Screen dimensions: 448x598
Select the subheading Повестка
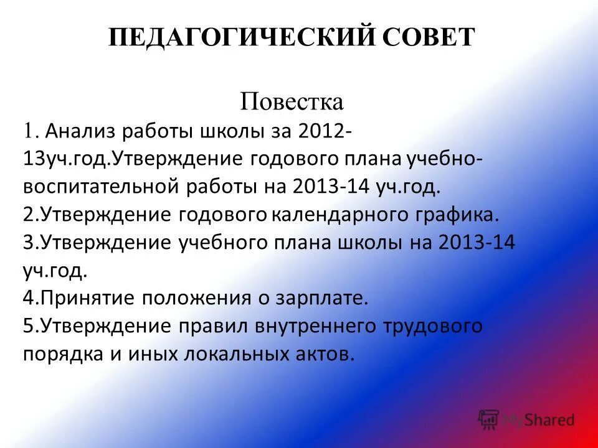(x=292, y=101)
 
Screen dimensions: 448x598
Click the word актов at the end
(x=320, y=353)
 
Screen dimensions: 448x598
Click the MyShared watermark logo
(x=527, y=420)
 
